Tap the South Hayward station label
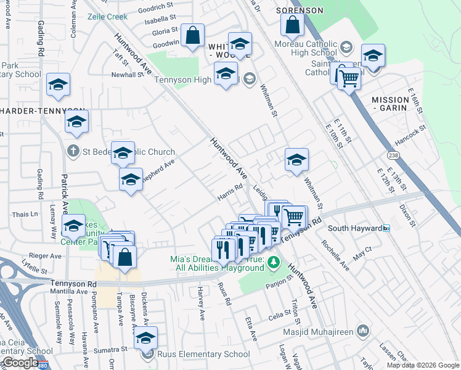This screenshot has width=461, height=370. [x=354, y=228]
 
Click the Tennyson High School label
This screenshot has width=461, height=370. [x=196, y=79]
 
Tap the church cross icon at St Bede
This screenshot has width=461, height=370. [x=73, y=151]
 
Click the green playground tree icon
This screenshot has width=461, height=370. [x=273, y=263]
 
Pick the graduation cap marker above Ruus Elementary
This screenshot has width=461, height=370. [x=145, y=338]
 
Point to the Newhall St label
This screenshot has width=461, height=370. [x=127, y=75]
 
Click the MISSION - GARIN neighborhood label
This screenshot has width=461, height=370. [x=390, y=103]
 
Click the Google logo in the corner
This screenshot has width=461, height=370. [x=20, y=363]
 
